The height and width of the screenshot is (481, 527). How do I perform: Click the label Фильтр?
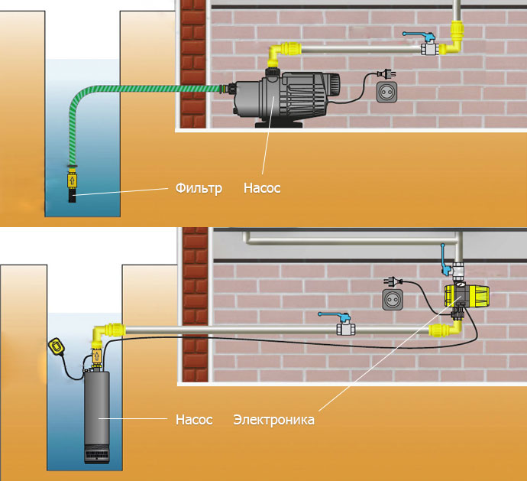click(x=199, y=188)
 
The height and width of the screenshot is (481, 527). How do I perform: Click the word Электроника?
click(x=274, y=420)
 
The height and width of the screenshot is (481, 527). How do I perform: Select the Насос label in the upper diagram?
click(x=262, y=188)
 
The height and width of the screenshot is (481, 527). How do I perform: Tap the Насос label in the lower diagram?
click(x=194, y=420)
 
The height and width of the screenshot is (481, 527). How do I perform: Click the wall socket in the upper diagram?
click(x=386, y=92)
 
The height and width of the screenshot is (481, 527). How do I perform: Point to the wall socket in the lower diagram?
click(x=393, y=299)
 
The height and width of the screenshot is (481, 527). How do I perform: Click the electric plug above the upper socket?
click(x=386, y=73)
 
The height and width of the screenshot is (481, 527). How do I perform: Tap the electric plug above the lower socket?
click(x=393, y=281)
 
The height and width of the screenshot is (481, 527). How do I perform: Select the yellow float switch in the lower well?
click(x=56, y=346)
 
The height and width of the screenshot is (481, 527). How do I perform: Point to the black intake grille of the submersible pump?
click(x=97, y=453)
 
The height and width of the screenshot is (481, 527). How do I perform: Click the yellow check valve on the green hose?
click(x=72, y=180)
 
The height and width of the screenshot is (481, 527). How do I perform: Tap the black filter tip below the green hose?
click(x=72, y=196)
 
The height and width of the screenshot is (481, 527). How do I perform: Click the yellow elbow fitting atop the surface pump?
click(x=280, y=53)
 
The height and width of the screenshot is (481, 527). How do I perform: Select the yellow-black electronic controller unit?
click(x=467, y=296)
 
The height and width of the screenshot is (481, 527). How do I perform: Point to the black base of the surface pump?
click(x=279, y=125)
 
